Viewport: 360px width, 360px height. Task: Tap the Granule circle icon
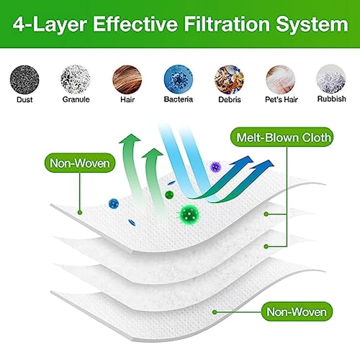(x=75, y=78)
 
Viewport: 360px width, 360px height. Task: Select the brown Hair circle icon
(x=127, y=78)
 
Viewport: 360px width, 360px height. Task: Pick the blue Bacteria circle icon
(x=178, y=78)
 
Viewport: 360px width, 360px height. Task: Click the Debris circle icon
(x=229, y=78)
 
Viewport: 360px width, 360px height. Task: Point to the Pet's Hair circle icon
(x=280, y=78)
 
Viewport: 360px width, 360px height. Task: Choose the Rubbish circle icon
(x=331, y=78)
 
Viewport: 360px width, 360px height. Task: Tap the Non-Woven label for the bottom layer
(x=297, y=312)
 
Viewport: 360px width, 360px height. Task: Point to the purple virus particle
(x=215, y=166)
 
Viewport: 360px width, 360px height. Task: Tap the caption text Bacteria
(x=178, y=100)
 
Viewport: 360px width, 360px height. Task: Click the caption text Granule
(x=75, y=100)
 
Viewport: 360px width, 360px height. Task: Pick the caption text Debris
(x=229, y=100)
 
